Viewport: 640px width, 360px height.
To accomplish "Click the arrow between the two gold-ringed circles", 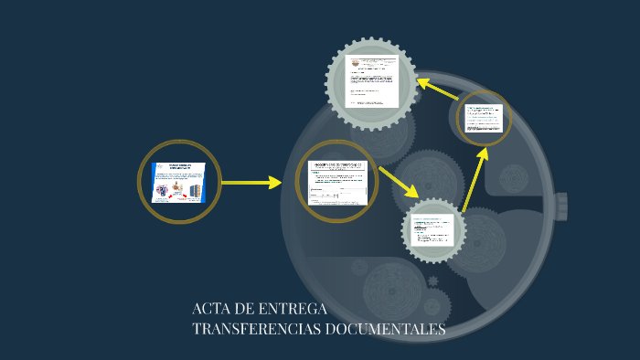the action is click(251, 183).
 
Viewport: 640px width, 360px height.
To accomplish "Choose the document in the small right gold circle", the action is click(484, 118).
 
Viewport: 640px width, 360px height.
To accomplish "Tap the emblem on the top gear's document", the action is click(356, 63).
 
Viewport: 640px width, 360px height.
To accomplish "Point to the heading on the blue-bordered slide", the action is click(179, 166).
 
